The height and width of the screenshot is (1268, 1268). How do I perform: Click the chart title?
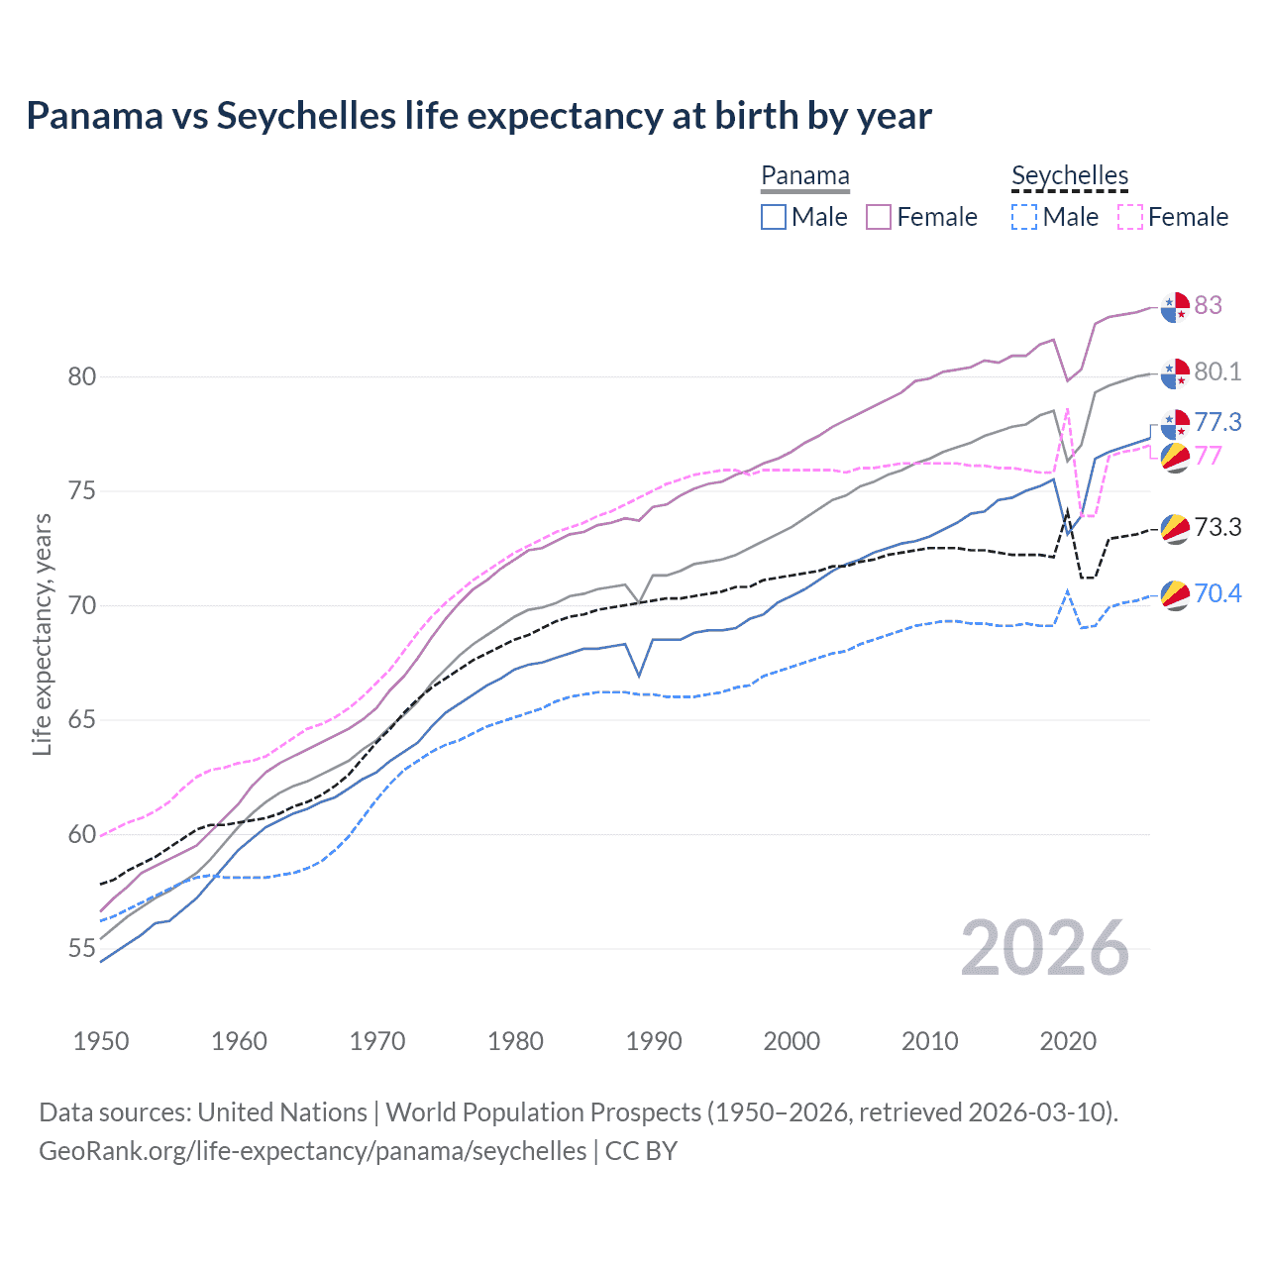[x=478, y=116]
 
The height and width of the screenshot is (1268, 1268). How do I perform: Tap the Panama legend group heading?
[x=804, y=176]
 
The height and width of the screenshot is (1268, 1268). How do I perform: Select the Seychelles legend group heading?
[x=1069, y=176]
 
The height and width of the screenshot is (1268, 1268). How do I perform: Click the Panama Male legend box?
[x=774, y=217]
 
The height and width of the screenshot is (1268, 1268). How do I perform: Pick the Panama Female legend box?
[x=879, y=217]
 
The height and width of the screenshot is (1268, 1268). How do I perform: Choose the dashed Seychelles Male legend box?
[x=1024, y=217]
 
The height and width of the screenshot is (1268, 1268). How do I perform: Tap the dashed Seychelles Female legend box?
[x=1130, y=217]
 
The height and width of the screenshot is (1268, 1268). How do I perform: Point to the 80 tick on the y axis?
[x=82, y=376]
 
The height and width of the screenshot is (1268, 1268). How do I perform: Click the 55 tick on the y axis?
[x=82, y=949]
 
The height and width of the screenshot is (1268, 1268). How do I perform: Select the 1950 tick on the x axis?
[x=101, y=1041]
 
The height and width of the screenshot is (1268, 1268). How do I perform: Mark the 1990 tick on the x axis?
[x=654, y=1041]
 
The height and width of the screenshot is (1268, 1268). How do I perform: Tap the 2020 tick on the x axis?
[x=1068, y=1041]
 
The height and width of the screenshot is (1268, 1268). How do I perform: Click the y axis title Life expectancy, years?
[x=42, y=634]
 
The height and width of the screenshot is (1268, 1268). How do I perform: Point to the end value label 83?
[x=1208, y=305]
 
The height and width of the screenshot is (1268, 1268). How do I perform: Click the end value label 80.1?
[x=1217, y=371]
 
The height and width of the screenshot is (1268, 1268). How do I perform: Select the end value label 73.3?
[x=1217, y=527]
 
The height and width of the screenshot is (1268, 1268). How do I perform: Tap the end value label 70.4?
[x=1217, y=593]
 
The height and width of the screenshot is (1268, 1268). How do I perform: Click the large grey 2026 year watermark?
[x=1044, y=948]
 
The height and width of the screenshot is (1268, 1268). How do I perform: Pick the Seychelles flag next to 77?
[x=1175, y=458]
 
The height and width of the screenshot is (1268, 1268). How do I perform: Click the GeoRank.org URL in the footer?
[x=312, y=1151]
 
